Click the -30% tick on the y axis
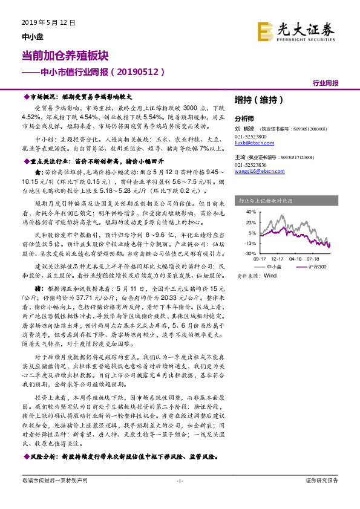click(x=250, y=253)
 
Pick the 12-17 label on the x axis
click(x=278, y=258)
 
